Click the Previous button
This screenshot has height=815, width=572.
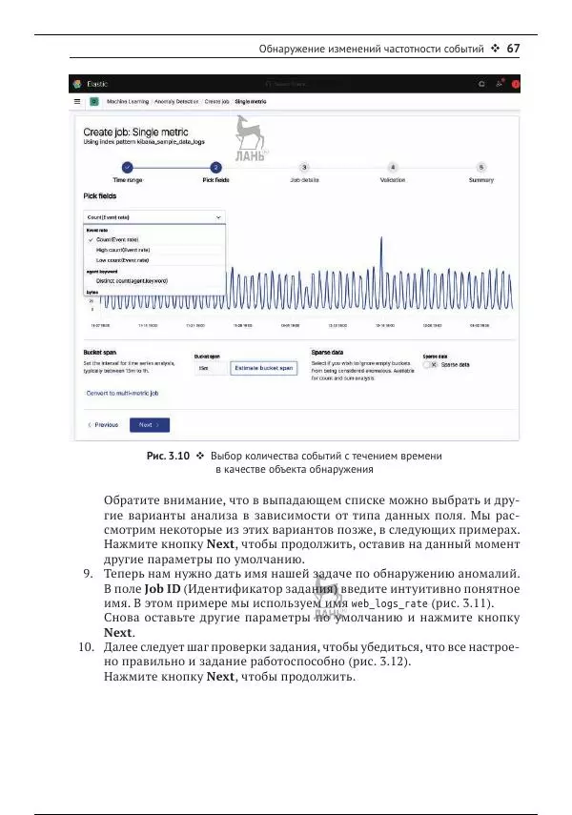coord(103,424)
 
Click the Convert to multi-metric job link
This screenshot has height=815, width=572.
coord(122,393)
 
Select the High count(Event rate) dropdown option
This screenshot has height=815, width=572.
coord(123,250)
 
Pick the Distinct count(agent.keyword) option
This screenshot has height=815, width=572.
coord(132,281)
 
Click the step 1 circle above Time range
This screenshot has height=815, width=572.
coord(128,166)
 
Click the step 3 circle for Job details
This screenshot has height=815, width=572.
coord(304,166)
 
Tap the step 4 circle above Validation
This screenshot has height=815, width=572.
coord(393,166)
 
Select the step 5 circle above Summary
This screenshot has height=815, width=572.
coord(481,166)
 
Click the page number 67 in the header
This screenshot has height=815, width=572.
coord(513,48)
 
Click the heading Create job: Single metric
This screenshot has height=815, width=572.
coord(135,132)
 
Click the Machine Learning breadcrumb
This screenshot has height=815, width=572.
coord(127,100)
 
